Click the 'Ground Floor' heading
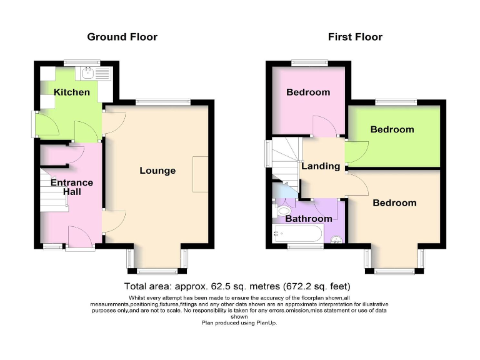[x=122, y=37]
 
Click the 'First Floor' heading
[x=355, y=37]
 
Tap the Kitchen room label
[x=71, y=92]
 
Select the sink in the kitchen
[x=89, y=73]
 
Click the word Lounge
[x=157, y=171]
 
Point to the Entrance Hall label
[x=71, y=187]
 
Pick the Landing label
[x=321, y=166]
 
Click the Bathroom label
[x=309, y=219]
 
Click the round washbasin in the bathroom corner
[x=336, y=239]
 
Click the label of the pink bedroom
[x=307, y=92]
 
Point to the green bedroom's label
[x=392, y=129]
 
